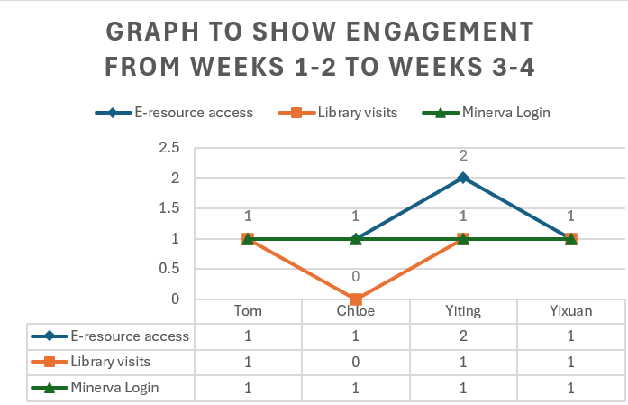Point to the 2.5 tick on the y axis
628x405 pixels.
click(169, 148)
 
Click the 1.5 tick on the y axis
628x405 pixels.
click(169, 208)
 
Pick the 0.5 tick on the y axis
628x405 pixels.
click(169, 269)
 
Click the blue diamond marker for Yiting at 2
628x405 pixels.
click(463, 178)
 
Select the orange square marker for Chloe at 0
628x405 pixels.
click(356, 299)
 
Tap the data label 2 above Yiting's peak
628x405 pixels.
click(463, 155)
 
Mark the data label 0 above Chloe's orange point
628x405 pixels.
click(356, 277)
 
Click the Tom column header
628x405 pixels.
click(248, 311)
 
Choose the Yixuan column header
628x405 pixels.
click(570, 311)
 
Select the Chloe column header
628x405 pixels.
click(356, 311)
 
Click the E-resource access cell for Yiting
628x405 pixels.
click(463, 336)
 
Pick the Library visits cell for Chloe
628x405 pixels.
click(356, 363)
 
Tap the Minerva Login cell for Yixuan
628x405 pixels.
click(570, 388)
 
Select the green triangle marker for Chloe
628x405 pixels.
click(356, 238)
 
